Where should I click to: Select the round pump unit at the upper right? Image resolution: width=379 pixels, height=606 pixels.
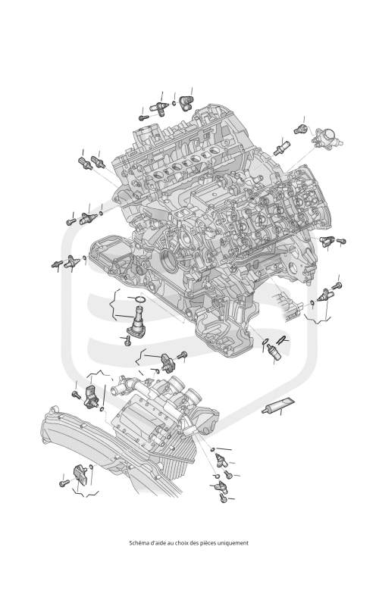pos(327,138)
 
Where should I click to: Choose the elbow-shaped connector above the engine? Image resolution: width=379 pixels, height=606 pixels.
pos(186,102)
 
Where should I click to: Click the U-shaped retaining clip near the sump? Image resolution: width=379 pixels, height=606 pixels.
pos(282,339)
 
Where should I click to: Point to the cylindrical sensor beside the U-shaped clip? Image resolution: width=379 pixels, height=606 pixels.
pos(273,351)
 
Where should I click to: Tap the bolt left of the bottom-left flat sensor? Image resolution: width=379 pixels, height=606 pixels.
pos(64,483)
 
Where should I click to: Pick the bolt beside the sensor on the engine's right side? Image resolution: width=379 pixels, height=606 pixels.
pos(340,241)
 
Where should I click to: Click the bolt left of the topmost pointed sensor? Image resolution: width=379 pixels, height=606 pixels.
pos(143,117)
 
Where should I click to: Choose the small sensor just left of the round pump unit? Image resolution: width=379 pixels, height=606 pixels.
pos(300,130)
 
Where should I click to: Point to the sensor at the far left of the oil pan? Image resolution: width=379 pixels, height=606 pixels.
pos(72,262)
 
